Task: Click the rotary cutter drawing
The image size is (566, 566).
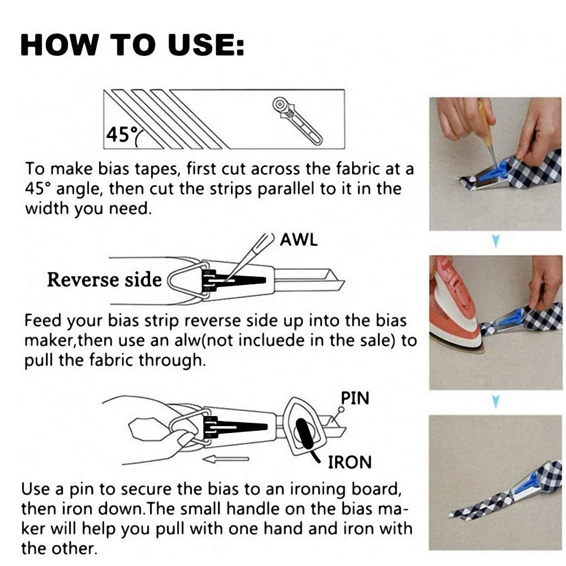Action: (x=296, y=120)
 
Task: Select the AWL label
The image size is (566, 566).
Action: (x=299, y=239)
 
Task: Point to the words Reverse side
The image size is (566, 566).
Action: (x=104, y=280)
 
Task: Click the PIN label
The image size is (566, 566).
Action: (x=354, y=398)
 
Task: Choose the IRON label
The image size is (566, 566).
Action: (x=350, y=462)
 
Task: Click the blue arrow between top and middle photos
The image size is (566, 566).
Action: (x=495, y=242)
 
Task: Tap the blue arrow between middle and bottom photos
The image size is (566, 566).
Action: (x=495, y=402)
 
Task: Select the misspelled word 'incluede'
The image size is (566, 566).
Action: (x=335, y=341)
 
